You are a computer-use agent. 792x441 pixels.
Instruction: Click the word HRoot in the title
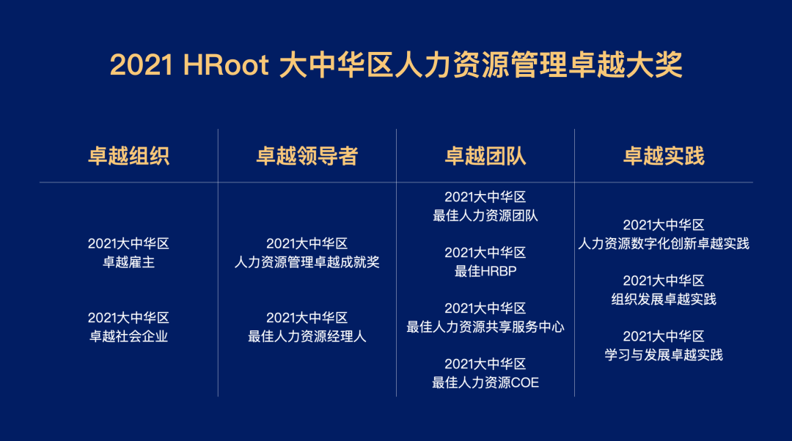(x=225, y=65)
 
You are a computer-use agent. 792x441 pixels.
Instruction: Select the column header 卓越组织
(x=128, y=156)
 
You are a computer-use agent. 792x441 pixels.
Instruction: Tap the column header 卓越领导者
(x=307, y=156)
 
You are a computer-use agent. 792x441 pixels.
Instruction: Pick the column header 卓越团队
(x=485, y=156)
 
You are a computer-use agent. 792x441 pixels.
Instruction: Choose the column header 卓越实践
(x=664, y=156)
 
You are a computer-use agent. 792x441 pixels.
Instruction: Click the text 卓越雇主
(x=128, y=262)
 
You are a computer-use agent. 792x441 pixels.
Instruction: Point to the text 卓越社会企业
(x=128, y=336)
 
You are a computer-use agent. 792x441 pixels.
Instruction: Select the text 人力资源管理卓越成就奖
(x=307, y=262)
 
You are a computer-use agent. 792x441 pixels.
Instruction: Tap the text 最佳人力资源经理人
(x=307, y=336)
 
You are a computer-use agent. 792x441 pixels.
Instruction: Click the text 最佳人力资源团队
(x=485, y=216)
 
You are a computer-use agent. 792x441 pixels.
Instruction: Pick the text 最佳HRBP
(x=485, y=272)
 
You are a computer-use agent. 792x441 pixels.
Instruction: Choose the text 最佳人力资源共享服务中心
(x=485, y=327)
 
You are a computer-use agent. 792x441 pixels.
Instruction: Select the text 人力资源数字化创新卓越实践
(x=664, y=244)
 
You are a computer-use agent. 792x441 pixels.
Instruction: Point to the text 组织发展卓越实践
(x=664, y=299)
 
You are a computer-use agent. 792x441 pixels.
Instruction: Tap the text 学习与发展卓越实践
(x=664, y=355)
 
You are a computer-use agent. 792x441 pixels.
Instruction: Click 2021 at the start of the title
(x=142, y=65)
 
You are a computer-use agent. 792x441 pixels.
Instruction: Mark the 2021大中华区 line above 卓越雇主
(x=128, y=244)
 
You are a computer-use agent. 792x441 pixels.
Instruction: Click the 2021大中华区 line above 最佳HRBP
(x=485, y=253)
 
